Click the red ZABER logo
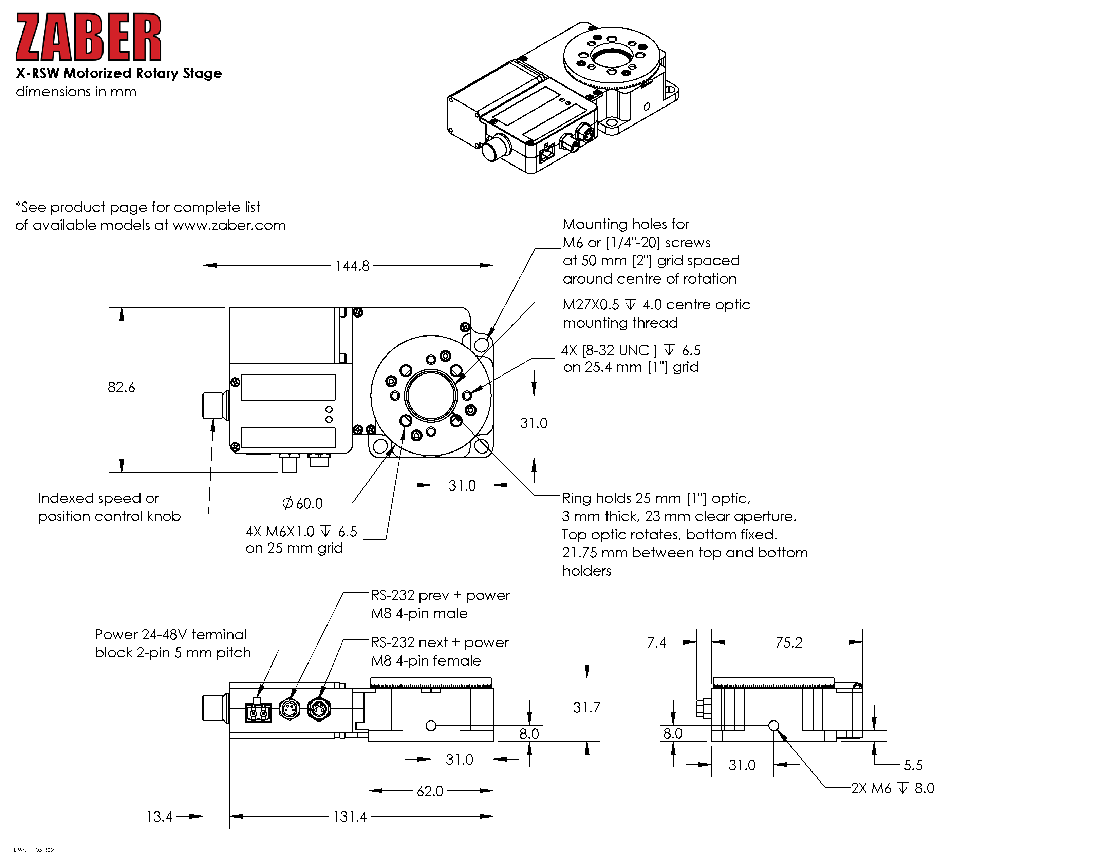88,37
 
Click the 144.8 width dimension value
352,266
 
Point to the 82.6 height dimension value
122,387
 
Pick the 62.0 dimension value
430,791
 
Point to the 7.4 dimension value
656,642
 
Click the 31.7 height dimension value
586,708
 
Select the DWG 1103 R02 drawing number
34,850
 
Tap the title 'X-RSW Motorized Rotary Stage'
118,73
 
